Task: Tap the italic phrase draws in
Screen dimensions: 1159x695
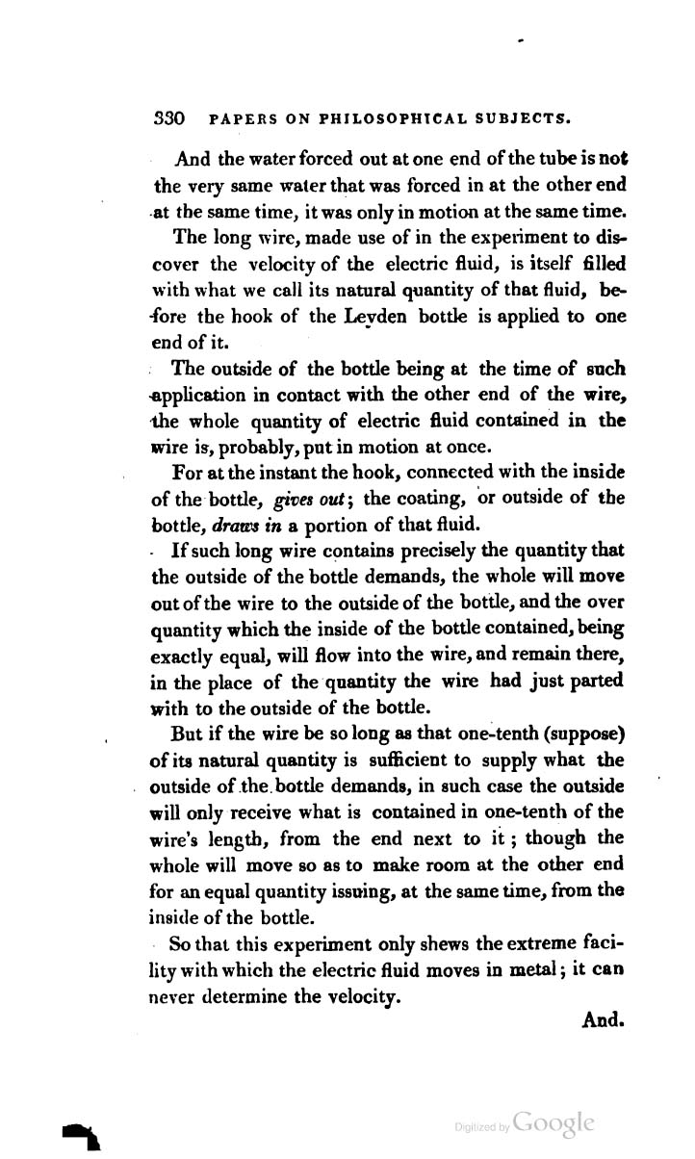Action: [254, 526]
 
